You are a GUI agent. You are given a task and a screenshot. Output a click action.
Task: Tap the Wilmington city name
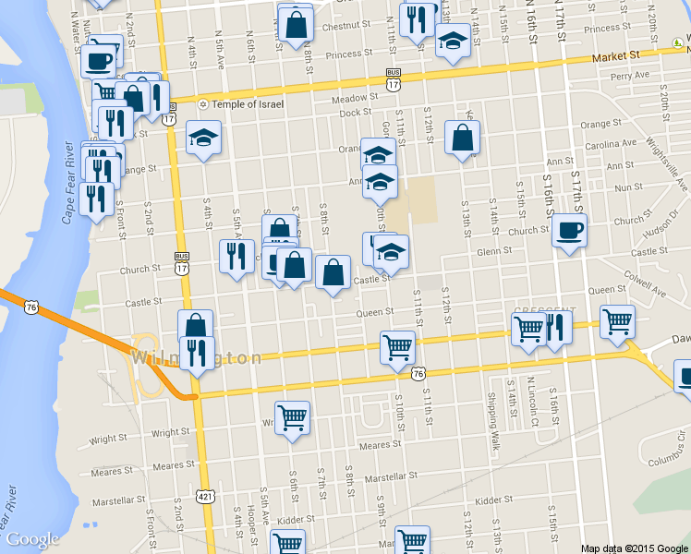tap(197, 358)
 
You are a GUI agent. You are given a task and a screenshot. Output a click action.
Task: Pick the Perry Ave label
tap(629, 75)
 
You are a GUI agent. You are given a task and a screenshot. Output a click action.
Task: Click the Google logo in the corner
tap(32, 539)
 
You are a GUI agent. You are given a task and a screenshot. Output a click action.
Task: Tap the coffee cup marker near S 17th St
tap(569, 231)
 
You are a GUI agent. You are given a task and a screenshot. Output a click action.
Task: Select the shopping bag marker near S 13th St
tap(462, 138)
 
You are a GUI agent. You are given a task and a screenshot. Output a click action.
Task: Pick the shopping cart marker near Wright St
tap(293, 417)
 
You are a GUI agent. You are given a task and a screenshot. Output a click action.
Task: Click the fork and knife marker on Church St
tap(236, 256)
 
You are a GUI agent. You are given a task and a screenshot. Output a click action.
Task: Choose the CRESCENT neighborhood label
tap(544, 311)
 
